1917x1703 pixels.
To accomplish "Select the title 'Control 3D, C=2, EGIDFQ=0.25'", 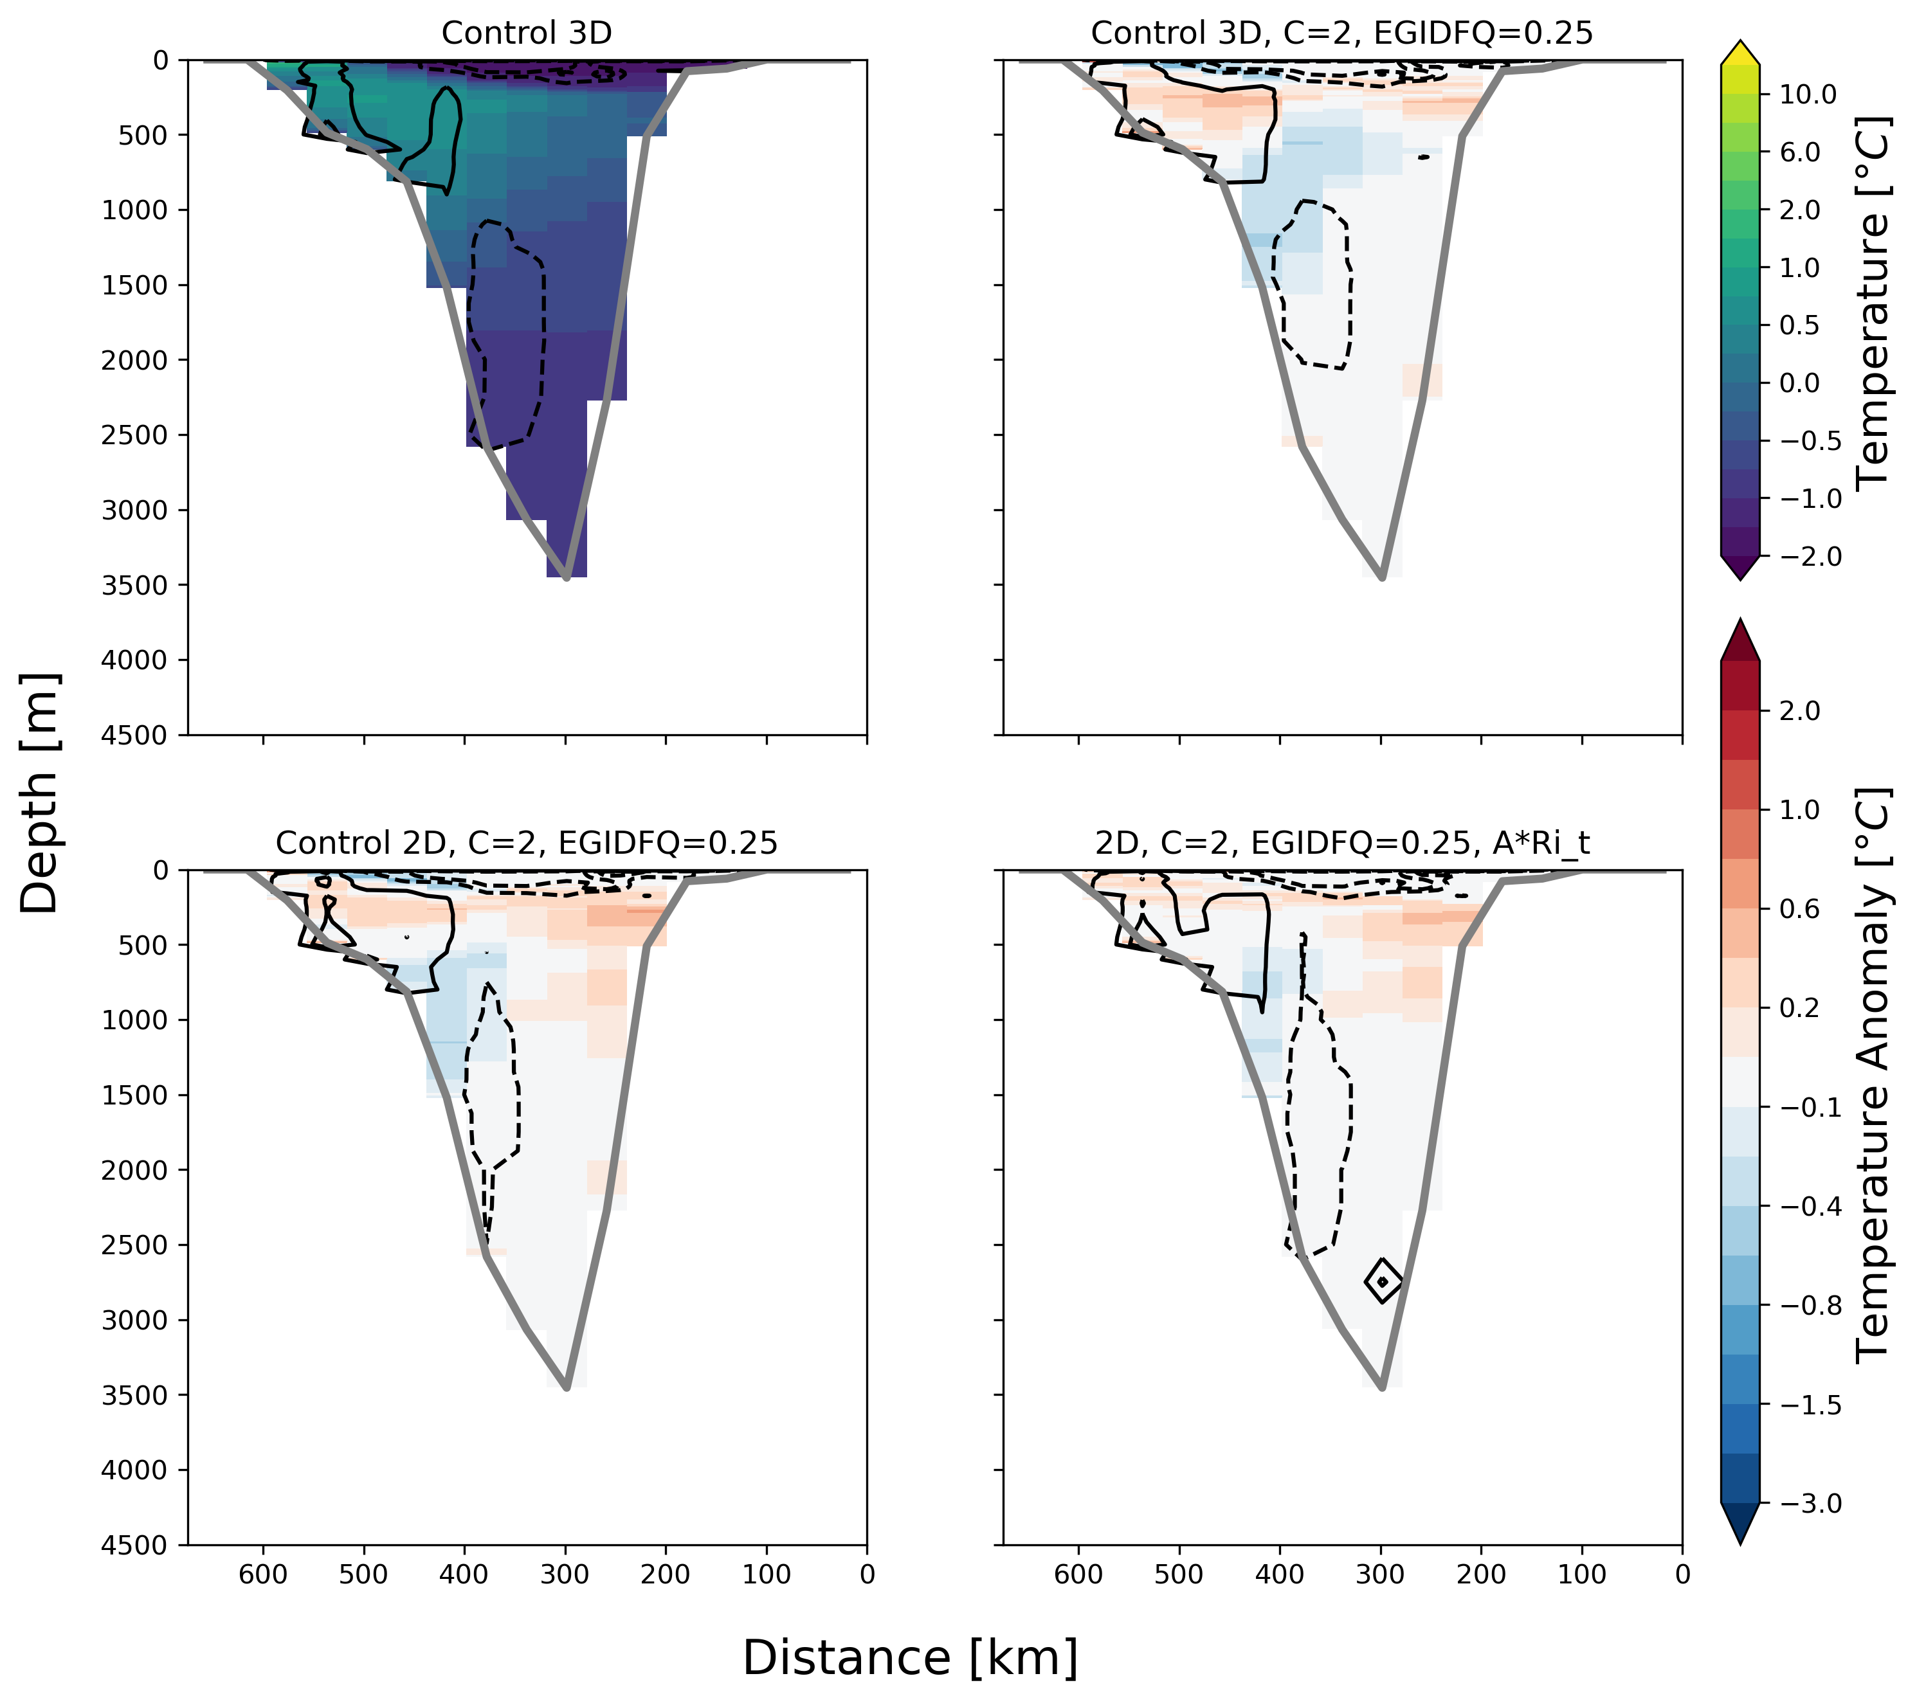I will (x=1341, y=33).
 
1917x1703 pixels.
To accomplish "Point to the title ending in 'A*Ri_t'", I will (x=1341, y=843).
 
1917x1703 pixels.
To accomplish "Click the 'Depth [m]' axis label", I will (x=39, y=793).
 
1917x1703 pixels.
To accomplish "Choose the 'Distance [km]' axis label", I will (x=910, y=1657).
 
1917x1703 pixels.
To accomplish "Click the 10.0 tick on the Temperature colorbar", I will (x=1808, y=94).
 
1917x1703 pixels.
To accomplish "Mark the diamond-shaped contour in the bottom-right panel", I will (x=1383, y=1281).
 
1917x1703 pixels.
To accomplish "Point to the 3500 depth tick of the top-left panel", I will (x=134, y=585).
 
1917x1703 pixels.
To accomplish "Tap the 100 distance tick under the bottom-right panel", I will (x=1582, y=1574).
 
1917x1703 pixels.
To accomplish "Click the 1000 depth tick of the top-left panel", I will (x=134, y=210).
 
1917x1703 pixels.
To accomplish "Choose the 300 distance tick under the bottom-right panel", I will (x=1381, y=1574).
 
